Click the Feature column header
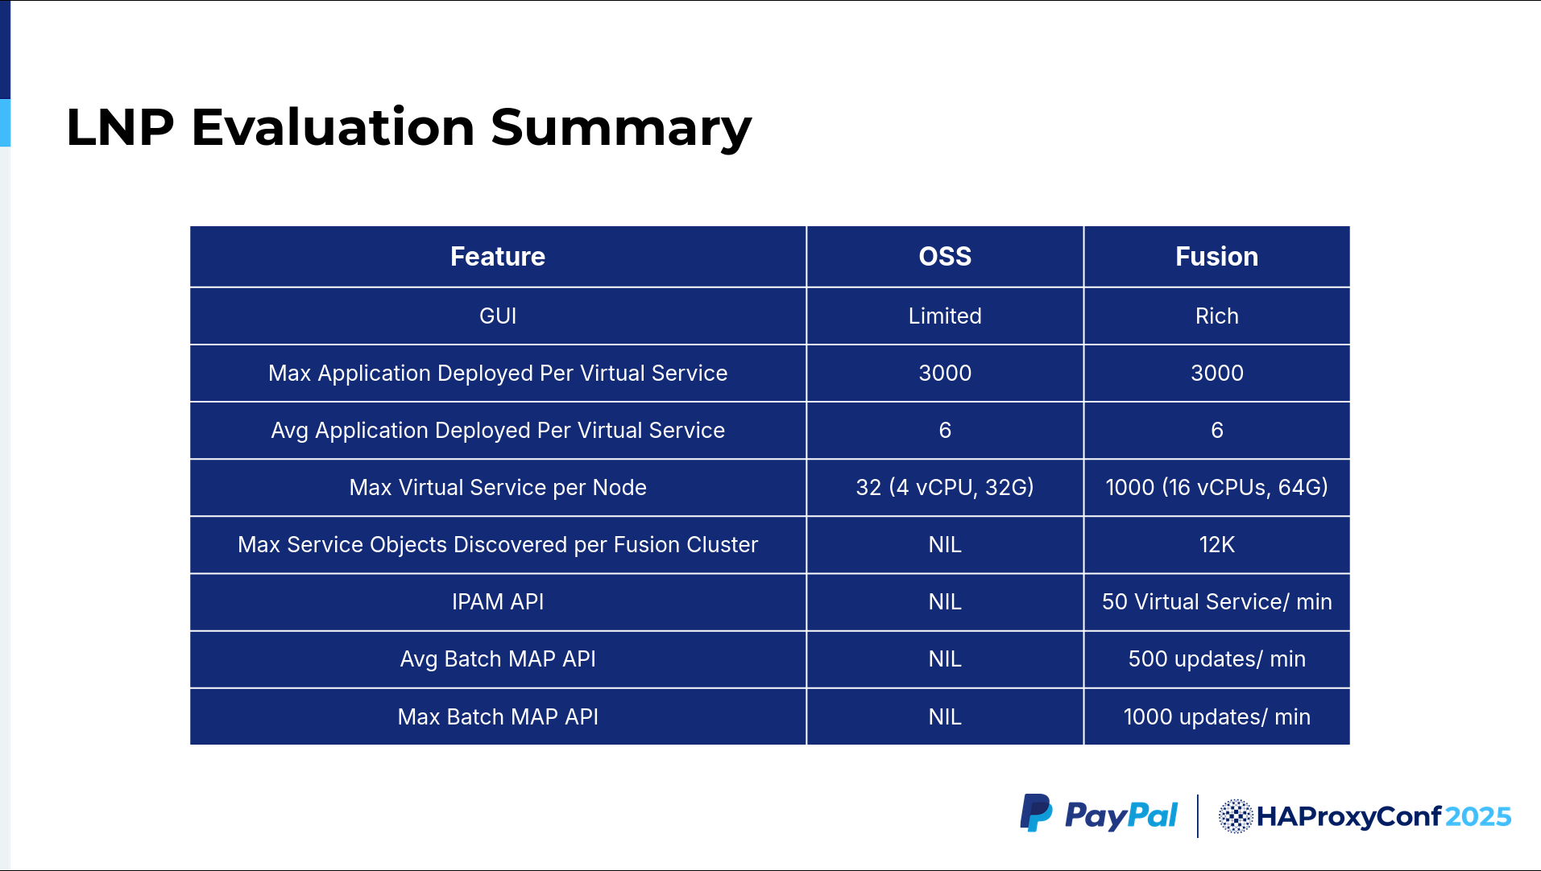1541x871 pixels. click(x=498, y=257)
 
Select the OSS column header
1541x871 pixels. click(x=945, y=257)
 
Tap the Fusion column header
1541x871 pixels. click(x=1216, y=257)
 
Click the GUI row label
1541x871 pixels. click(x=498, y=316)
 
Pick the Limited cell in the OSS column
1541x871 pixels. click(x=945, y=316)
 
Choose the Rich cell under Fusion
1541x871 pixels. click(x=1216, y=316)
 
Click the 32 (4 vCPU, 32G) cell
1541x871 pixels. click(x=945, y=487)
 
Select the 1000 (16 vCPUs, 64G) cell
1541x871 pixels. click(x=1216, y=487)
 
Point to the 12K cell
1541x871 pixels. click(x=1216, y=545)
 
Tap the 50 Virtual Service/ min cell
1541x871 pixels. click(x=1216, y=602)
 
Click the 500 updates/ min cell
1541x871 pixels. click(x=1216, y=659)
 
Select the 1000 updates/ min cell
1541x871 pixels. click(x=1216, y=716)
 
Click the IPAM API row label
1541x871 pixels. click(x=498, y=602)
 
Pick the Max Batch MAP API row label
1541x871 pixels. click(x=498, y=716)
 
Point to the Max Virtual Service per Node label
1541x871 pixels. click(x=498, y=488)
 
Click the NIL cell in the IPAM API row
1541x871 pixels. click(x=945, y=602)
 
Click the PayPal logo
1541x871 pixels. click(x=1099, y=815)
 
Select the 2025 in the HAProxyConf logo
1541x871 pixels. click(x=1478, y=817)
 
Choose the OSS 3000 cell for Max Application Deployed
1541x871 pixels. click(x=945, y=374)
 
